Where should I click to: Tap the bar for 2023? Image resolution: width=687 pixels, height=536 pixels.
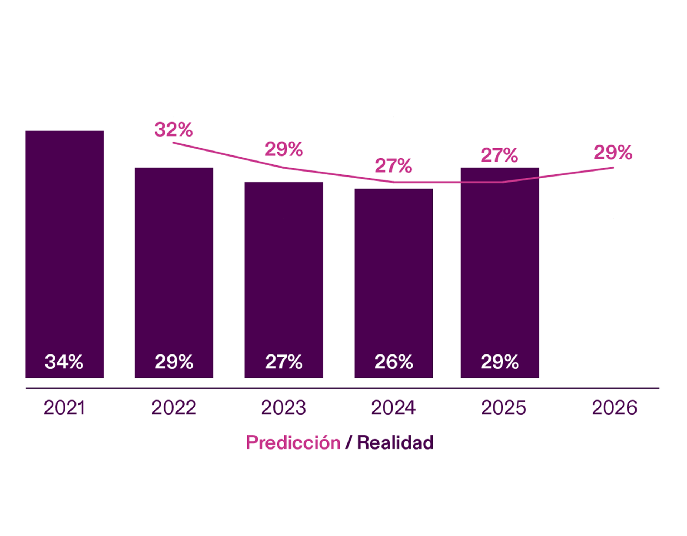coord(283,272)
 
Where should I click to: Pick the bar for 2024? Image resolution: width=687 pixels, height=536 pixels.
coord(393,275)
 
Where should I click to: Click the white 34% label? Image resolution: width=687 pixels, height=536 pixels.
coord(64,362)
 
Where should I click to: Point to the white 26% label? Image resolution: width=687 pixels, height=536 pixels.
coord(394,362)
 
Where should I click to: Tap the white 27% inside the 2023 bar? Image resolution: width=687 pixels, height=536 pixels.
coord(284,362)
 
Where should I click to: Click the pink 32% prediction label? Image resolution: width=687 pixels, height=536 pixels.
coord(174,129)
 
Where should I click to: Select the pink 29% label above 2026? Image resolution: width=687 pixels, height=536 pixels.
coord(613,152)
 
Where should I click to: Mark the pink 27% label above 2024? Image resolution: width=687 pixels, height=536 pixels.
coord(393,165)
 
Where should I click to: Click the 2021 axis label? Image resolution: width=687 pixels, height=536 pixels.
coord(64,407)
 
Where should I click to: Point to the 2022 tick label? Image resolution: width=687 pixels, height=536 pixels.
coord(174,407)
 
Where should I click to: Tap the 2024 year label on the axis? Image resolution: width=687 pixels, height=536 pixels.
coord(393,407)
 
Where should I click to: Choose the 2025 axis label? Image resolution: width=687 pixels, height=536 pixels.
coord(503,407)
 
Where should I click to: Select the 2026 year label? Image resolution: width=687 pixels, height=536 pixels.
coord(614,407)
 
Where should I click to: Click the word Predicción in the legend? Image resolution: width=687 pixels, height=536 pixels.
coord(293,442)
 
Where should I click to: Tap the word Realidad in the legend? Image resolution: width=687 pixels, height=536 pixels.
coord(395,442)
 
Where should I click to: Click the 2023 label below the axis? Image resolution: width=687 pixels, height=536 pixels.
coord(283,407)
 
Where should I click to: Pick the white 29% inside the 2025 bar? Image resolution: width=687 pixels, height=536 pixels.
coord(500,362)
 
